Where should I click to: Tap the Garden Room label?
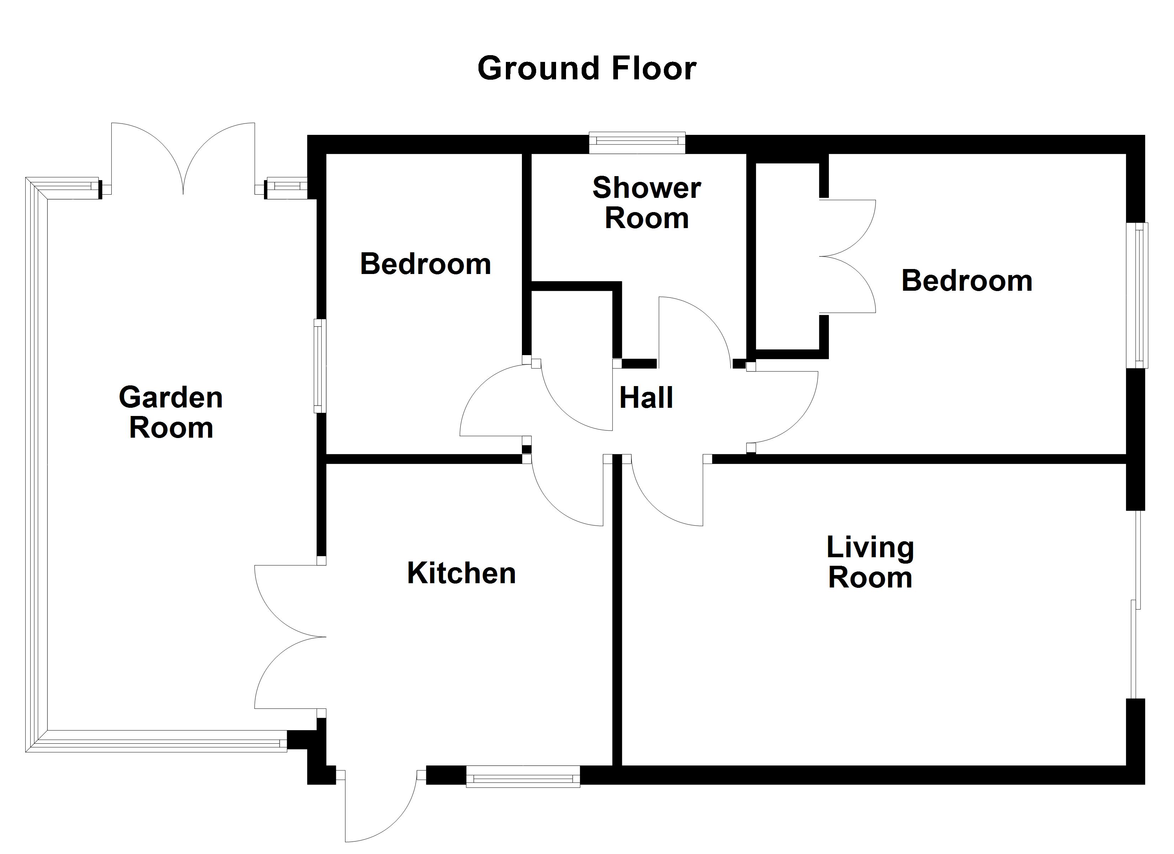pyautogui.click(x=171, y=413)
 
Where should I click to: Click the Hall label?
pyautogui.click(x=646, y=398)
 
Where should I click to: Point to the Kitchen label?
pyautogui.click(x=461, y=573)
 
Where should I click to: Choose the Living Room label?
pyautogui.click(x=870, y=563)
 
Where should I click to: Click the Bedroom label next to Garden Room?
pyautogui.click(x=425, y=264)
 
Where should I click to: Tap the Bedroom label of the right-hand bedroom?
pyautogui.click(x=967, y=281)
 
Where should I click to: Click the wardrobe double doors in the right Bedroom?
pyautogui.click(x=846, y=256)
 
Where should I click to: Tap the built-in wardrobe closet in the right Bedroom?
pyautogui.click(x=787, y=256)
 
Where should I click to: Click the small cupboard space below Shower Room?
pyautogui.click(x=572, y=324)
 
